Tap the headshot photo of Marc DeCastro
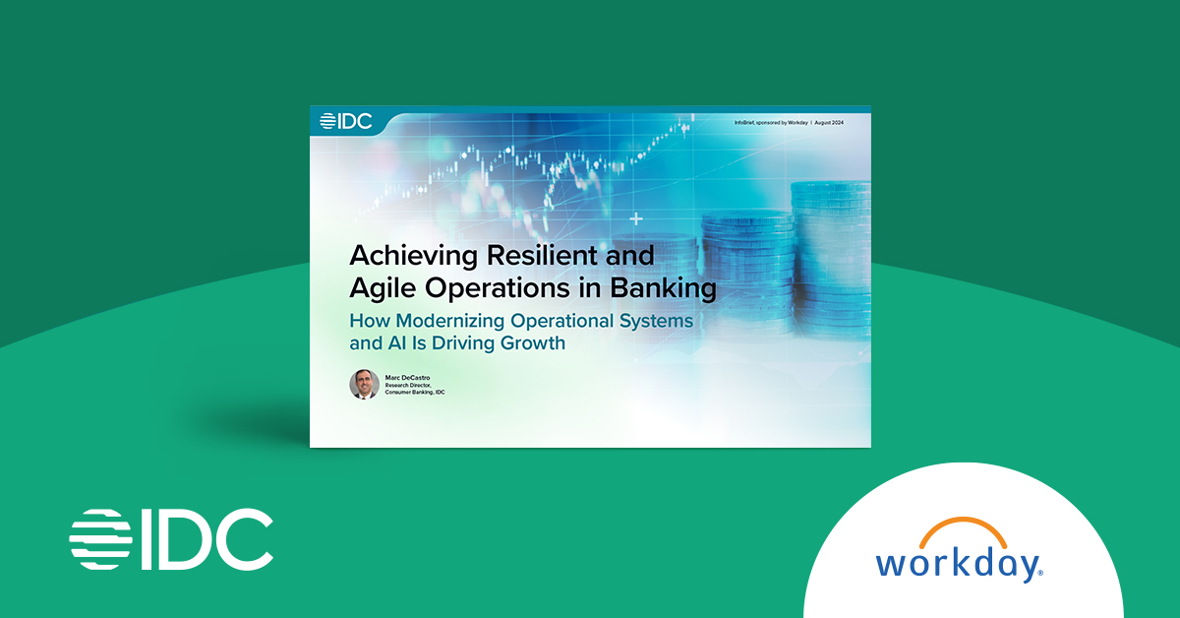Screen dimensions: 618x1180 (x=364, y=384)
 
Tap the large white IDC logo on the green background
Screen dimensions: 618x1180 (x=171, y=539)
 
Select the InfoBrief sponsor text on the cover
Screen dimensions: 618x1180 (x=771, y=121)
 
